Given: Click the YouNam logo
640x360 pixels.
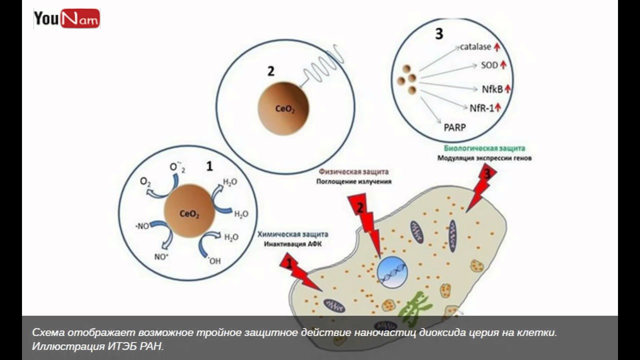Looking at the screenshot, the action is [66, 19].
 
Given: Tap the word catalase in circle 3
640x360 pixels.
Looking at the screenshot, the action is [475, 47].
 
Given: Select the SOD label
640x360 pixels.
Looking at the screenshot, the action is [489, 65].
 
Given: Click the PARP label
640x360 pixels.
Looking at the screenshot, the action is [454, 127].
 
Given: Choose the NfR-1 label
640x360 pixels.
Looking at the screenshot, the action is [481, 107].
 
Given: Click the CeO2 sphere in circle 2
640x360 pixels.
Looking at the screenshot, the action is [283, 108].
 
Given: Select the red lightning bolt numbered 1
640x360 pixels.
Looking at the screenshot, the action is [299, 271].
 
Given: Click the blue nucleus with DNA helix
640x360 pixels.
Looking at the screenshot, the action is [392, 273].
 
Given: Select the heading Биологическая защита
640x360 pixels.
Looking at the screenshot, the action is [484, 148].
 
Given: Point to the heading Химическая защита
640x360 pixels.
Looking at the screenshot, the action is [293, 234].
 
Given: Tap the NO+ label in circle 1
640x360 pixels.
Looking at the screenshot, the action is [161, 257].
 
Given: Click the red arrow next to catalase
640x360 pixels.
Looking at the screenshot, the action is [497, 47].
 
